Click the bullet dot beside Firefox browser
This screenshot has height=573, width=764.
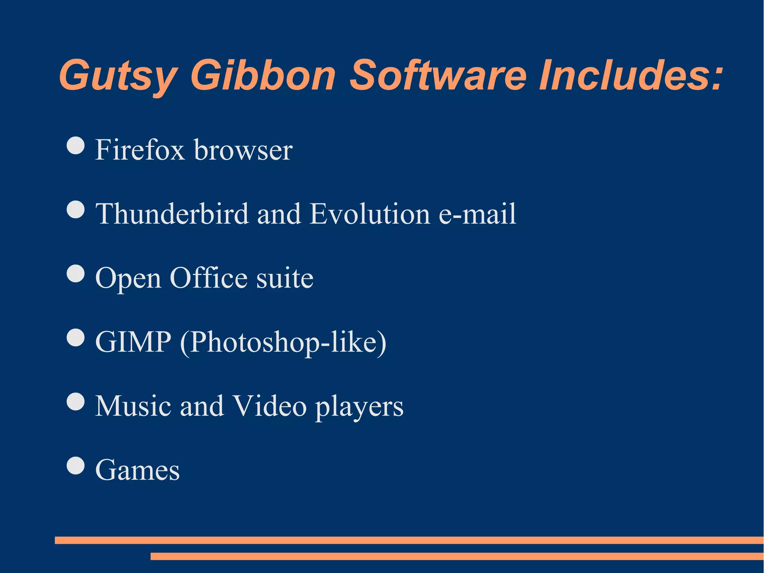[x=76, y=145]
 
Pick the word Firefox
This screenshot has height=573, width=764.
[x=140, y=150]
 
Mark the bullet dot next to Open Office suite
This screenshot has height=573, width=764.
[x=76, y=274]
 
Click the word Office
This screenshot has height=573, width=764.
[x=209, y=278]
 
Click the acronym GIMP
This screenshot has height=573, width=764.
[x=133, y=342]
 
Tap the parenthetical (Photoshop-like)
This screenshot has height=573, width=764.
[x=283, y=343]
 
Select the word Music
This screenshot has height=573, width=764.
[x=133, y=406]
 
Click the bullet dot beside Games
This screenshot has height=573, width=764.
[x=76, y=465]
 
